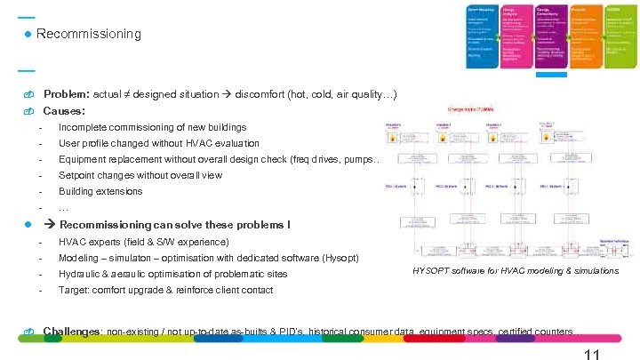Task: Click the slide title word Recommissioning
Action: pyautogui.click(x=88, y=34)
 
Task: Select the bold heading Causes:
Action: pyautogui.click(x=64, y=111)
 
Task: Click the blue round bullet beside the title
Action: pyautogui.click(x=28, y=34)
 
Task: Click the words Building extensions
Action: pyautogui.click(x=100, y=191)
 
